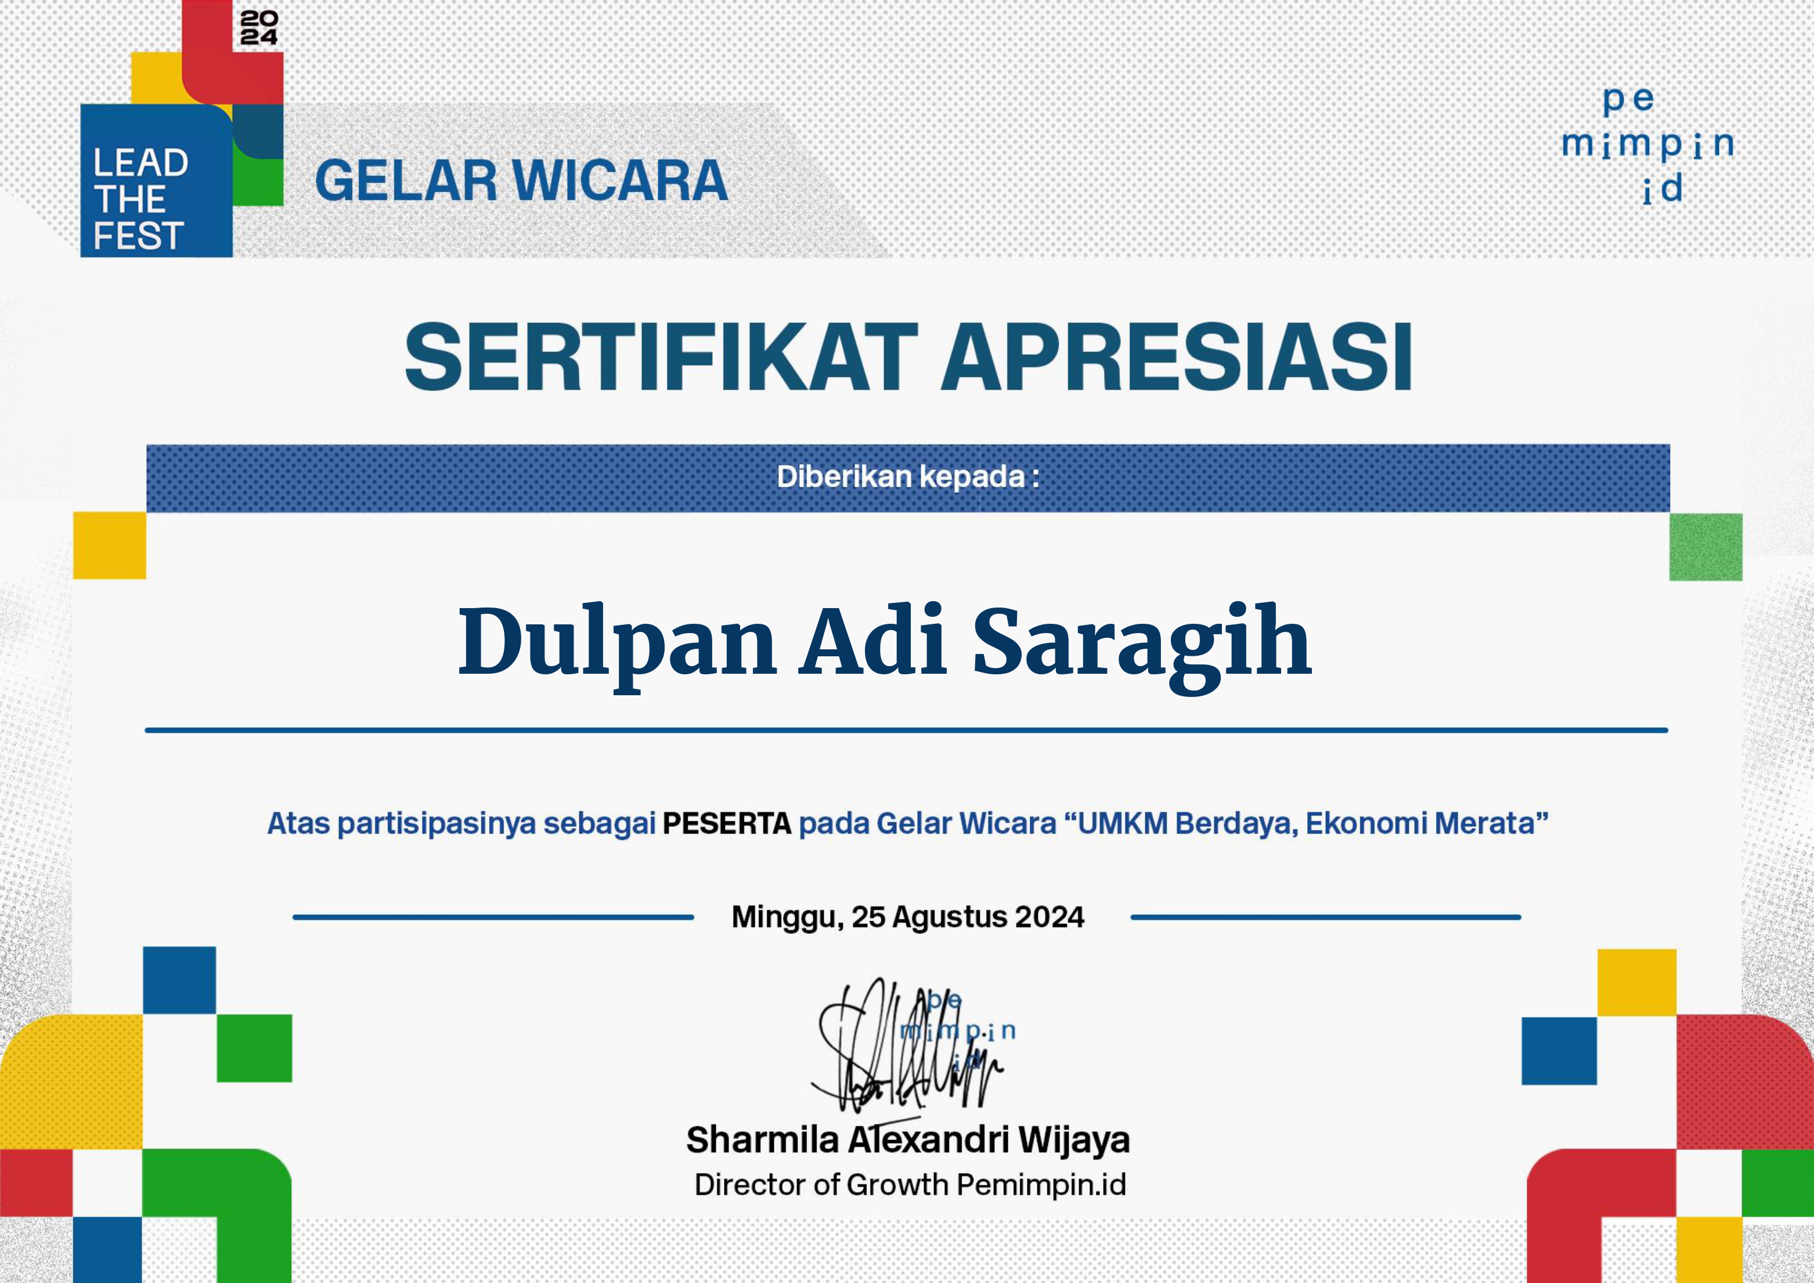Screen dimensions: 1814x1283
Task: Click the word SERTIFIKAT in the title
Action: [x=661, y=357]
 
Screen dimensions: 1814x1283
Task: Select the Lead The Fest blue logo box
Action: [x=156, y=180]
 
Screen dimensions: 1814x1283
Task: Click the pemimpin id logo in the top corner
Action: [x=1648, y=145]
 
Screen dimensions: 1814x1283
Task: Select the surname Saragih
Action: [x=1142, y=644]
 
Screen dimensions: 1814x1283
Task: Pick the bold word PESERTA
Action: [x=727, y=824]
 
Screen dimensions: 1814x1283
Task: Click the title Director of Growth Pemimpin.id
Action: [x=910, y=1185]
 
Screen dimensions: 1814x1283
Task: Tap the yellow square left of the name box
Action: [x=110, y=545]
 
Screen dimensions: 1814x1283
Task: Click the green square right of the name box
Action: [x=1706, y=547]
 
